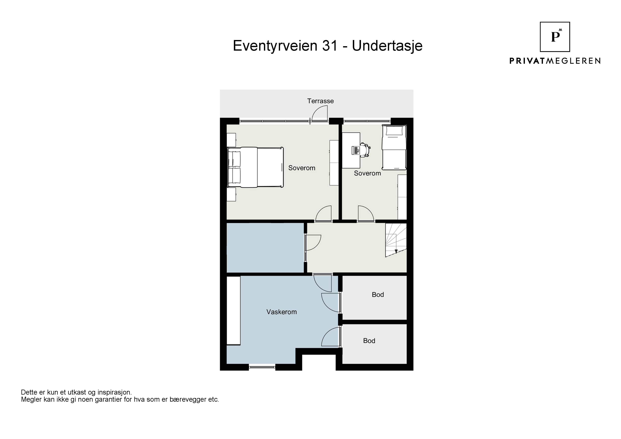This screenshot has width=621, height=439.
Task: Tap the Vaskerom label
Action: point(282,312)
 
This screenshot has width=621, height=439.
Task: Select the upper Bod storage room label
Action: point(378,295)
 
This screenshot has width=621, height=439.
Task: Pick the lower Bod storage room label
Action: point(369,341)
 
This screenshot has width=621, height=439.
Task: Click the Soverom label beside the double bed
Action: point(302,168)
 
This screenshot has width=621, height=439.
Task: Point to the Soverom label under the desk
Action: point(367,173)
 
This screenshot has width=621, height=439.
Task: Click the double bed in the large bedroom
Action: point(255,167)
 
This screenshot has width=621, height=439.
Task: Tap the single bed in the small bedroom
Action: point(394,147)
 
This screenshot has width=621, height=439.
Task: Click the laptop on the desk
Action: point(355,150)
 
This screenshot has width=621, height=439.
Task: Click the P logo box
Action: point(555,37)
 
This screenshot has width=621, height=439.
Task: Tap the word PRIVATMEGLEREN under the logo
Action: point(555,61)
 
